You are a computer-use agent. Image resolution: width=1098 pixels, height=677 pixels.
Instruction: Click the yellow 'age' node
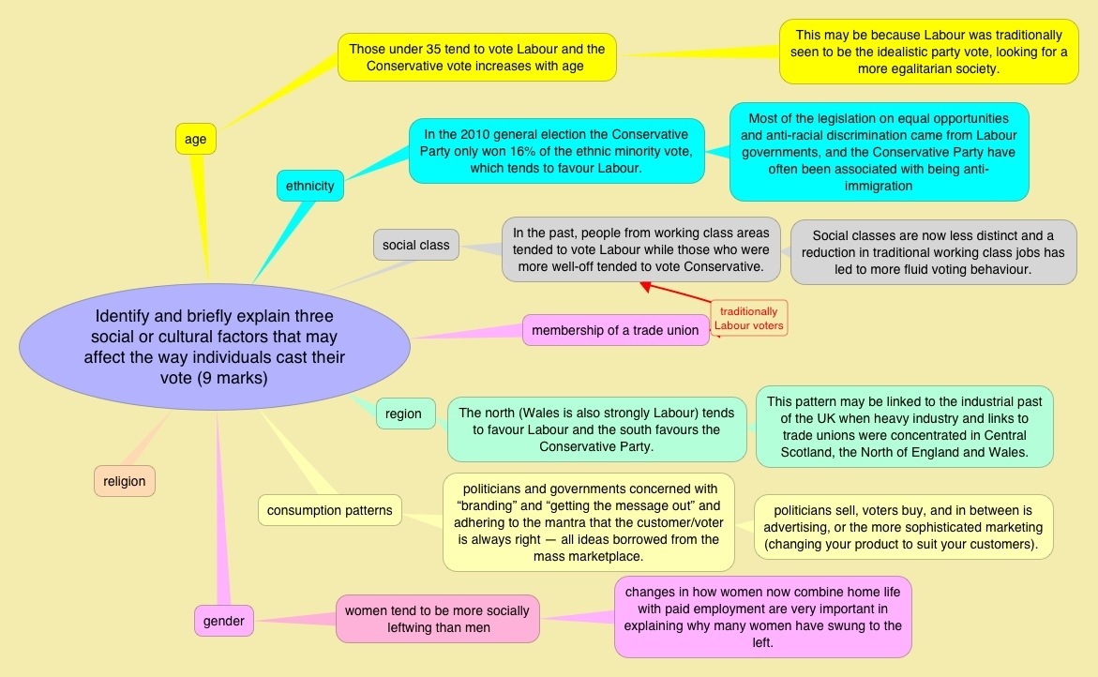tap(195, 140)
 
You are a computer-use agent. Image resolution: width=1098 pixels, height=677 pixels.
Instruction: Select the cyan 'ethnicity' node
tap(310, 186)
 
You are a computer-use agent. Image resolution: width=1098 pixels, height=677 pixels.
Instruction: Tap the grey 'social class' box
tap(416, 245)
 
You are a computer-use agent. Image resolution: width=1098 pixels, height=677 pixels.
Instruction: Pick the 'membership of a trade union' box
tap(615, 330)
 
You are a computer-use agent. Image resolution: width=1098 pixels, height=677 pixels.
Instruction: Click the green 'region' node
tap(403, 414)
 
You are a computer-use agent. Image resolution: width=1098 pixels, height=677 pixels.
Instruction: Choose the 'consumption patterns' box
tap(330, 510)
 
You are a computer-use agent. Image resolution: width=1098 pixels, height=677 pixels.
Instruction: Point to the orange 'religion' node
tap(125, 481)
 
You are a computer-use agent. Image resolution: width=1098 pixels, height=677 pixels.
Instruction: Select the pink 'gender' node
tap(223, 621)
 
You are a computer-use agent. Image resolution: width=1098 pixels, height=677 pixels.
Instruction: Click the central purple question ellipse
tap(215, 347)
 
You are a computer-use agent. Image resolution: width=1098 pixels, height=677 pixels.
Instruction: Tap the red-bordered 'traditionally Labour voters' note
tap(748, 319)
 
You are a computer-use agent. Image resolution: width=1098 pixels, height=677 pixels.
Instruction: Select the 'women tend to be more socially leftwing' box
tap(438, 619)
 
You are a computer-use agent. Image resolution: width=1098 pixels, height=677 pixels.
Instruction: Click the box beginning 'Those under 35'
tap(477, 57)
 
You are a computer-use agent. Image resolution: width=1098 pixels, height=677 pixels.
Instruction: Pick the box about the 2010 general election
tap(556, 151)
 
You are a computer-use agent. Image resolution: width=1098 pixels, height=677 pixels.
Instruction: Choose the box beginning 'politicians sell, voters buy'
tap(904, 527)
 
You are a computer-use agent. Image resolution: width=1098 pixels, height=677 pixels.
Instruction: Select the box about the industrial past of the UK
tap(904, 426)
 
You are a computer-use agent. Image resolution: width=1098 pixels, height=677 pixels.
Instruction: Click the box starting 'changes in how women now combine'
tap(762, 616)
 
